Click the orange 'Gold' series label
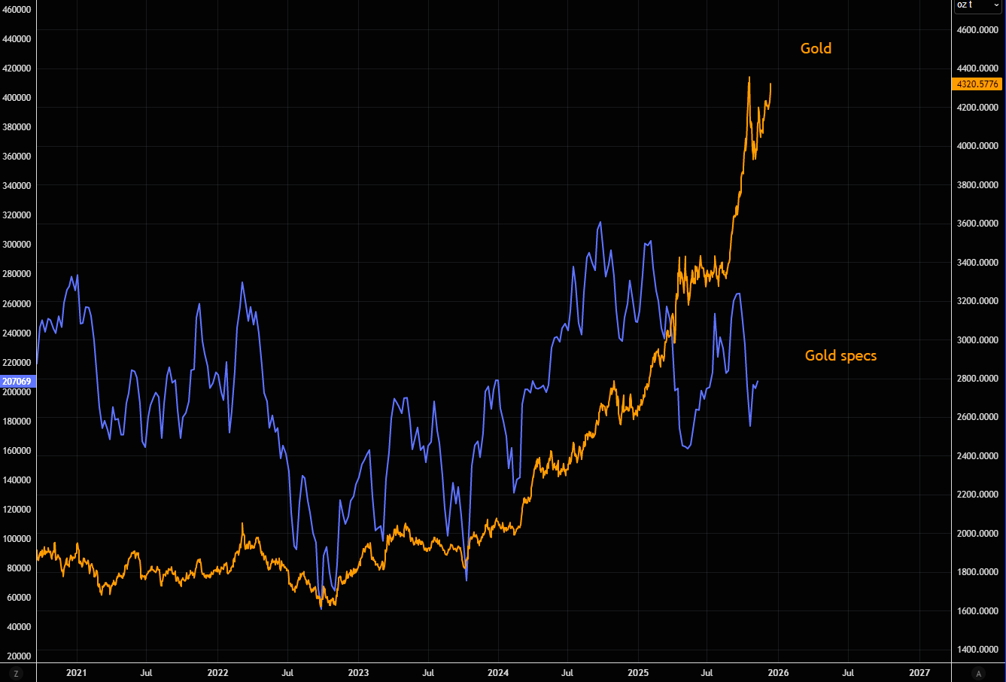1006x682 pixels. pyautogui.click(x=816, y=48)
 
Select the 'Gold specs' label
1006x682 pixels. pyautogui.click(x=840, y=355)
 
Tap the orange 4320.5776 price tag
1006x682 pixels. pyautogui.click(x=977, y=84)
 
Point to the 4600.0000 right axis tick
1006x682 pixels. pyautogui.click(x=977, y=30)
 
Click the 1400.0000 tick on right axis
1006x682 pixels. pyautogui.click(x=977, y=649)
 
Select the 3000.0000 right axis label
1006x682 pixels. pyautogui.click(x=977, y=339)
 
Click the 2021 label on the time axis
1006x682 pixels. pyautogui.click(x=76, y=672)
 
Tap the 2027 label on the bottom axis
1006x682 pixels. pyautogui.click(x=919, y=672)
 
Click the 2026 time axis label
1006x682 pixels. pyautogui.click(x=778, y=672)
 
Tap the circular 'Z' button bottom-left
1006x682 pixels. pyautogui.click(x=16, y=673)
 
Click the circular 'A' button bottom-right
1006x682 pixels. pyautogui.click(x=978, y=673)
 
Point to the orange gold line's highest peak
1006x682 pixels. pyautogui.click(x=749, y=77)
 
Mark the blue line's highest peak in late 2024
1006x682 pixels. pyautogui.click(x=600, y=222)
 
